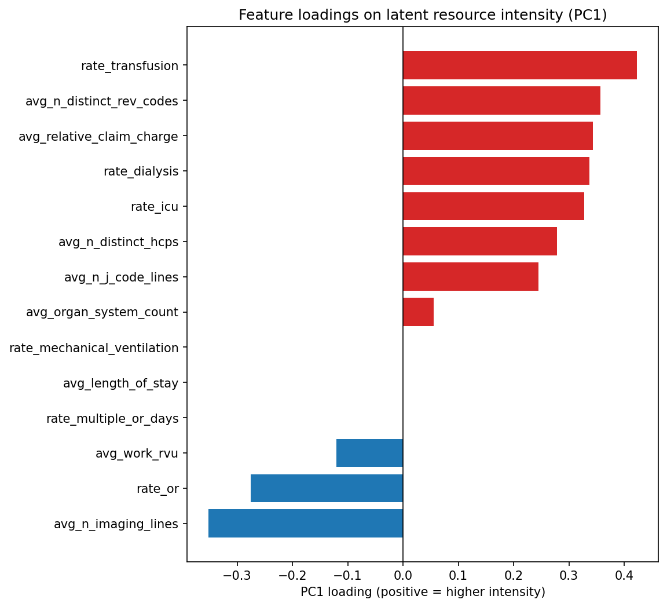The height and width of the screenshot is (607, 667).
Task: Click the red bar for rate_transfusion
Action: click(x=519, y=65)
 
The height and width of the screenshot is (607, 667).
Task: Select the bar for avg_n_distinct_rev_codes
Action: click(x=501, y=101)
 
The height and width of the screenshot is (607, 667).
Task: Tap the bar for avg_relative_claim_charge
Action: click(x=497, y=136)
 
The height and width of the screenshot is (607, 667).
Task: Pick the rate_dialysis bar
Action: click(x=496, y=171)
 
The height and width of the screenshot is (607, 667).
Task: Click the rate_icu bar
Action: click(x=493, y=207)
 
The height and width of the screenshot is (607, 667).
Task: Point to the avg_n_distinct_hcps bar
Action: click(x=479, y=242)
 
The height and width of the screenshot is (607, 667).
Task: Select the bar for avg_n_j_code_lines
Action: click(x=470, y=277)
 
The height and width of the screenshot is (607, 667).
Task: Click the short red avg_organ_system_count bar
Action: click(x=418, y=312)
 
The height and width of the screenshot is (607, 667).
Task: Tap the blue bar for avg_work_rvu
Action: click(x=369, y=453)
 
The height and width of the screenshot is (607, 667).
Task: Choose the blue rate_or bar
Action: click(x=327, y=488)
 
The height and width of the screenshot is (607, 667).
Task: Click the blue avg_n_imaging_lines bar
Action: click(x=305, y=524)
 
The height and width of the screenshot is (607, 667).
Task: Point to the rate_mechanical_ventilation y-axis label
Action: click(x=94, y=348)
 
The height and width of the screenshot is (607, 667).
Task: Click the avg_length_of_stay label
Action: click(x=120, y=383)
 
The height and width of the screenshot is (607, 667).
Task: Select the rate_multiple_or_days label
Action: click(x=112, y=419)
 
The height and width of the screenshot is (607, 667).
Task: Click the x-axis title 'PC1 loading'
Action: click(x=423, y=592)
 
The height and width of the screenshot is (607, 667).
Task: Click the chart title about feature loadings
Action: click(x=423, y=15)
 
